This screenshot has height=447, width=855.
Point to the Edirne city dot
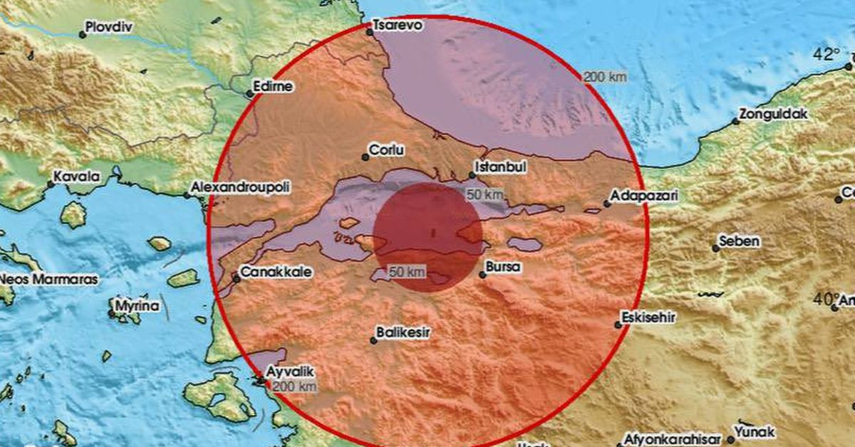click(x=250, y=93)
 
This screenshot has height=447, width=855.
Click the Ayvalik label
click(x=289, y=371)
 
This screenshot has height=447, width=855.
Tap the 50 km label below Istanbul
click(x=482, y=194)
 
